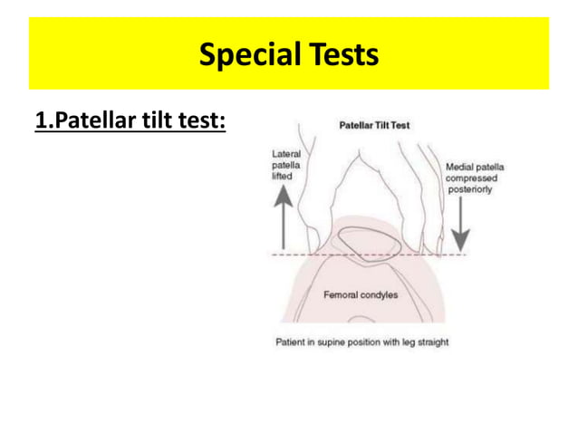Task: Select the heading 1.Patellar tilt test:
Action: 130,122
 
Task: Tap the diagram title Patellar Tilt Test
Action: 374,125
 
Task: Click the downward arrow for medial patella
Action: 461,221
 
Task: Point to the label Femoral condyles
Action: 361,295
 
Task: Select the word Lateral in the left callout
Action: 286,155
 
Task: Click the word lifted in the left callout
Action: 283,177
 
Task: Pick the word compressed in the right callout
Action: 471,178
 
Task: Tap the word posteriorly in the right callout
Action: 471,189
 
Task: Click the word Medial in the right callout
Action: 458,168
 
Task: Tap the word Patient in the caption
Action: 291,342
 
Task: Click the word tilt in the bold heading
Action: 145,122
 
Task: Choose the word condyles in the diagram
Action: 379,295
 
